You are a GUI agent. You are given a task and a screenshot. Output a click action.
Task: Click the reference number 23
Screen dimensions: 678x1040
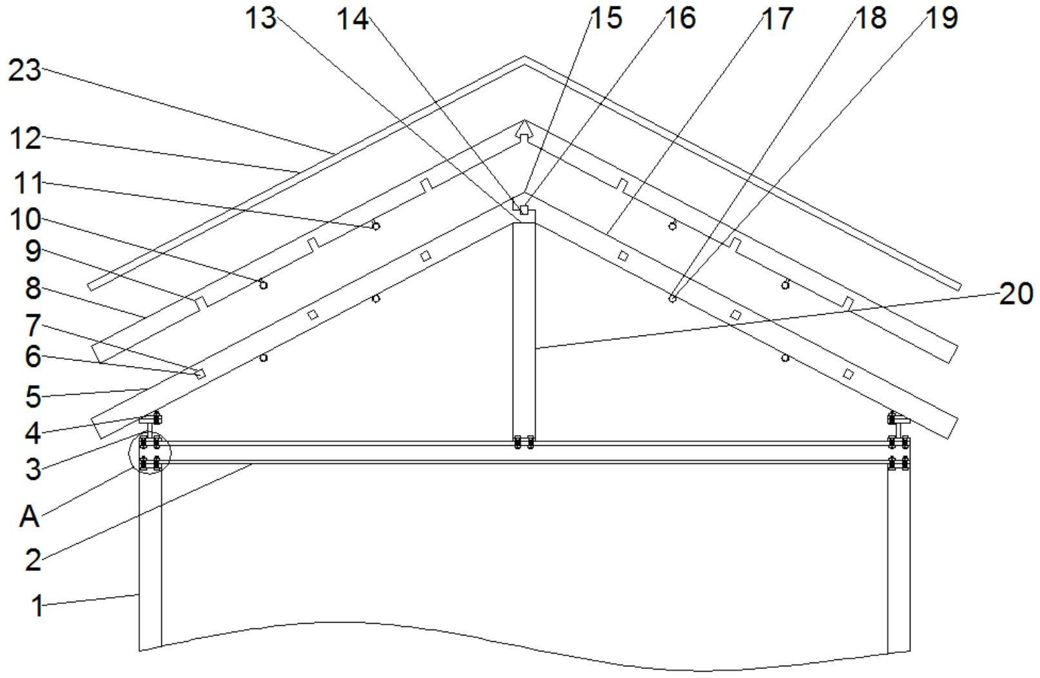(x=25, y=70)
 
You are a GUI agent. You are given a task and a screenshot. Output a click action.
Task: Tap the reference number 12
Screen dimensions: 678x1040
(x=26, y=138)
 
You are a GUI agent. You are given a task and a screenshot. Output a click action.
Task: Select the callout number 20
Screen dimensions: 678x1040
(x=1016, y=294)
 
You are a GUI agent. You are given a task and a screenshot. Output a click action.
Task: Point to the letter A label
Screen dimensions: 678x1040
(x=29, y=517)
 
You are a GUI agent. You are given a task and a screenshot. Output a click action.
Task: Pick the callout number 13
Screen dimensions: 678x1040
(x=260, y=18)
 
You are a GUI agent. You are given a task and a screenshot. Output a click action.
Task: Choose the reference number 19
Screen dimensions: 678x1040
(x=942, y=18)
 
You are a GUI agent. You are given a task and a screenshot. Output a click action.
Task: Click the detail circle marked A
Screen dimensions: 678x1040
(x=150, y=454)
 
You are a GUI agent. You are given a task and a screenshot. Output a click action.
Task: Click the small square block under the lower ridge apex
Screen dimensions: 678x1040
(x=524, y=210)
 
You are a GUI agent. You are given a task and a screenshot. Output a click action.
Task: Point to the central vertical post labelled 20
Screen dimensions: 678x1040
(x=524, y=329)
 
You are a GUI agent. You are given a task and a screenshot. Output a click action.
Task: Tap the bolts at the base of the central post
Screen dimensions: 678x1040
(x=524, y=443)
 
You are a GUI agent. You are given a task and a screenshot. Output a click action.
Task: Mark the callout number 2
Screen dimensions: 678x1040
(x=33, y=559)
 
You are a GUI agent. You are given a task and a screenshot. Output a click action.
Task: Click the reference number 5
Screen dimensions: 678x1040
(x=33, y=396)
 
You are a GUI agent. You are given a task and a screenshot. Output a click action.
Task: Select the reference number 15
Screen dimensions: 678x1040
(x=606, y=18)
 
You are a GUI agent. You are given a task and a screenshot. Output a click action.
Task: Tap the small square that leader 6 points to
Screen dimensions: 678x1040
(x=201, y=374)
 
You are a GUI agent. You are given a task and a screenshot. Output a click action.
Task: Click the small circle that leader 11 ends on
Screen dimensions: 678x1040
(x=376, y=226)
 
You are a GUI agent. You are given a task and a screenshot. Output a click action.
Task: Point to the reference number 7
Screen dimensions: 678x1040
(x=33, y=325)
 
